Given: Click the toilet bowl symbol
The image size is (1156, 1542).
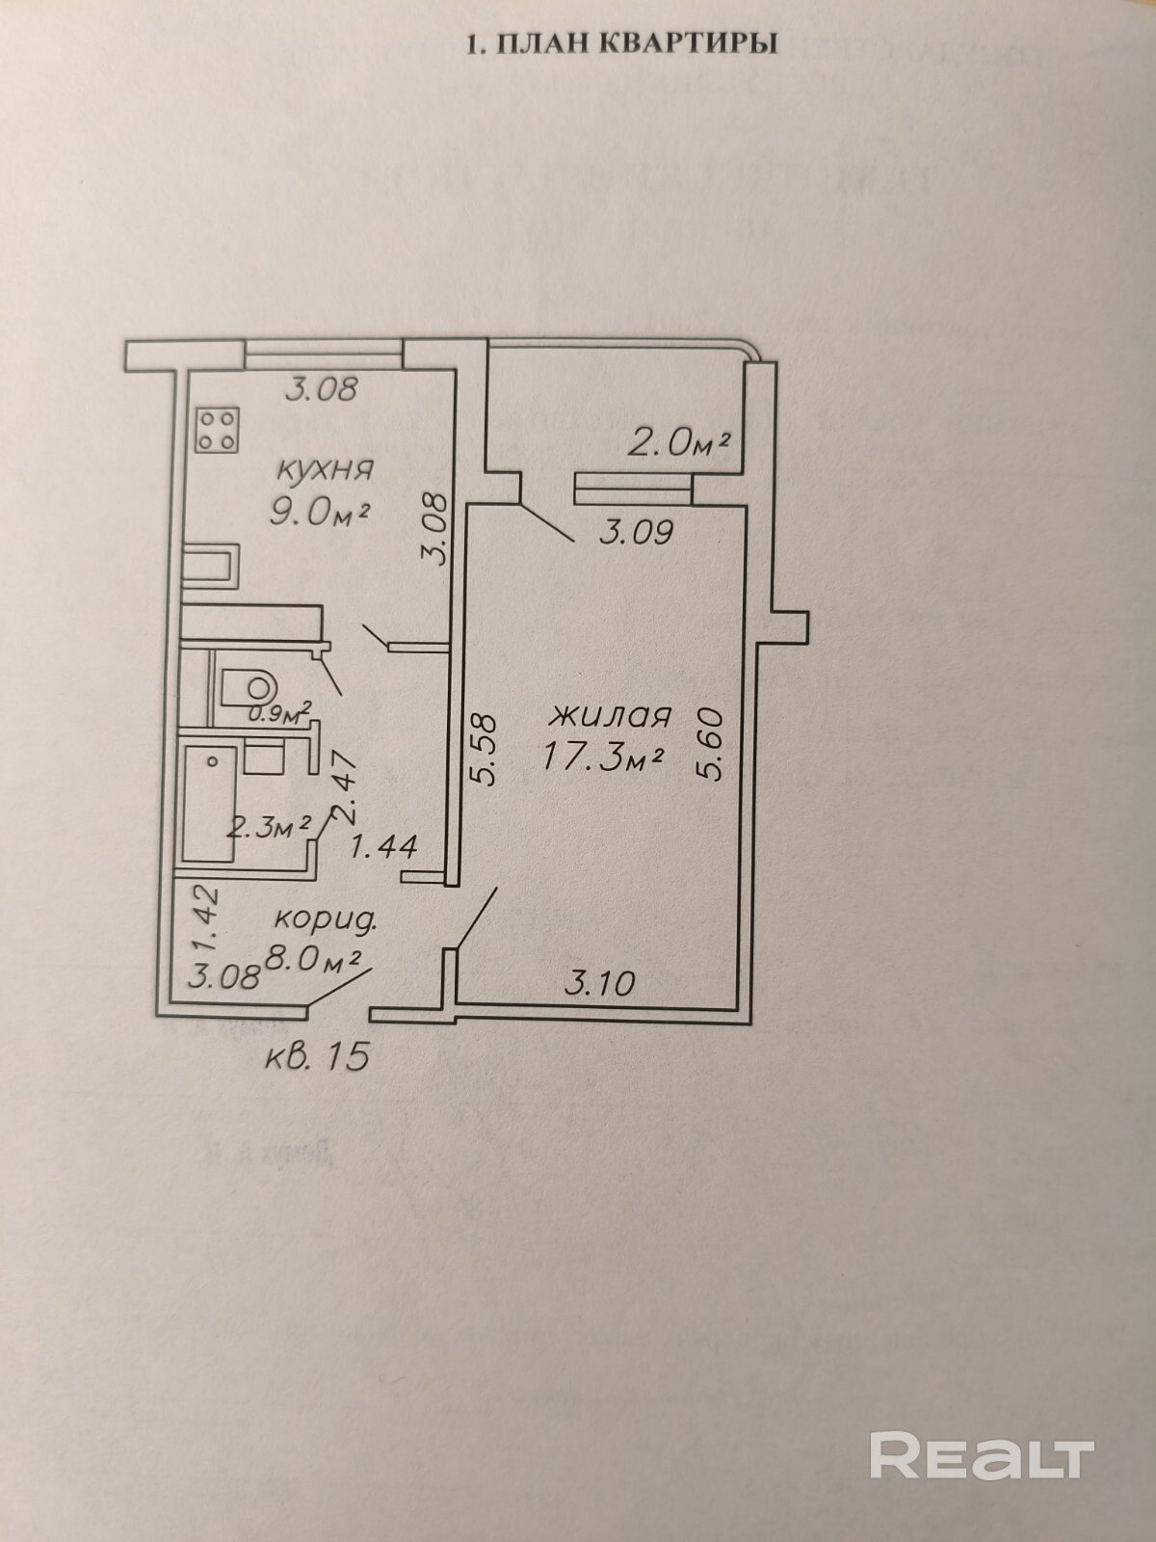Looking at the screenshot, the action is point(249,686).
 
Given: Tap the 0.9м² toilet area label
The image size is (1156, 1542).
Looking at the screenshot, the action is point(280,714).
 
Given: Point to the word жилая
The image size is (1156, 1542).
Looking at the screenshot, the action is point(611,716).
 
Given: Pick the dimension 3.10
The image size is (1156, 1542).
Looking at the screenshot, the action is point(599,983).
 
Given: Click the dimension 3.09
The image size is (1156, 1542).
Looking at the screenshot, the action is point(636,532).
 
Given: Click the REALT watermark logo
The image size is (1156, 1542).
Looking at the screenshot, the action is point(982,1454).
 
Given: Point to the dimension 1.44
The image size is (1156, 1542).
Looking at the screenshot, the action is point(383,847).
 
